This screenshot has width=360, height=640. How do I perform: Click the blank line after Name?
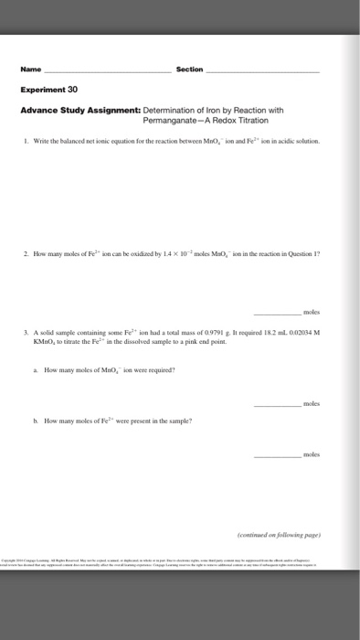(114, 71)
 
